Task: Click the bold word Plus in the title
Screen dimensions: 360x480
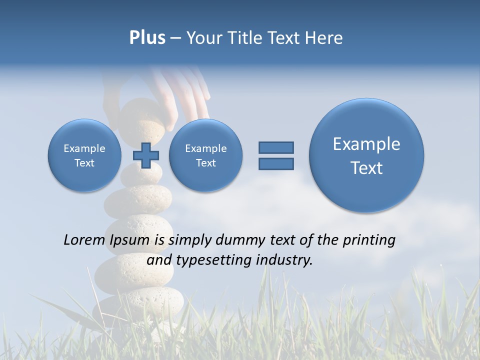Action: pos(147,38)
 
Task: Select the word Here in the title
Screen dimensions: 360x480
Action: pos(324,38)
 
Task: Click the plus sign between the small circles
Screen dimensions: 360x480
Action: pos(145,155)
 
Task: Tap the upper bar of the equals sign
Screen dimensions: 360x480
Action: pos(276,147)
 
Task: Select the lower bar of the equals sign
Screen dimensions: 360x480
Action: pos(276,164)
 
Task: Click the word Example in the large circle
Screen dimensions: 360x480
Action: pos(366,144)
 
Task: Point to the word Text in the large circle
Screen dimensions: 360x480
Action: pos(366,168)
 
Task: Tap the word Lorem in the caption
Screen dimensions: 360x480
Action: pos(85,240)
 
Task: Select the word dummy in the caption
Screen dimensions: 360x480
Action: pos(240,240)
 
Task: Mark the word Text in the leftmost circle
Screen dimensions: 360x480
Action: pos(84,163)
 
